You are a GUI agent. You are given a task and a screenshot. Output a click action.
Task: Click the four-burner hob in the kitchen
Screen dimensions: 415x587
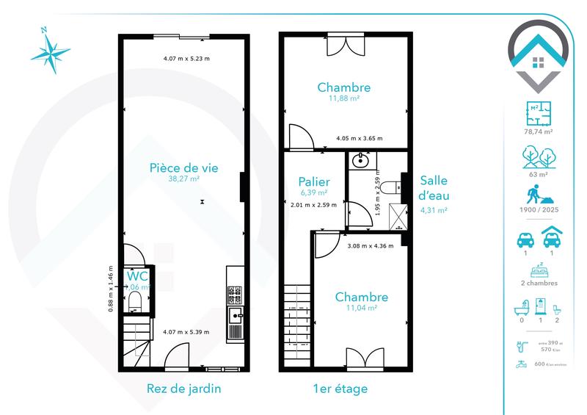click(236, 295)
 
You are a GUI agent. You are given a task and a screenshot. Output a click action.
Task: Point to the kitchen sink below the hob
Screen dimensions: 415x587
click(236, 317)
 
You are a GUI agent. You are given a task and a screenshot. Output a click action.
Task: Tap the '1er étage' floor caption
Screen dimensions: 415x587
click(338, 388)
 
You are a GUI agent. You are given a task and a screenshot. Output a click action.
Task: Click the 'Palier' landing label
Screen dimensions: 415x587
click(314, 182)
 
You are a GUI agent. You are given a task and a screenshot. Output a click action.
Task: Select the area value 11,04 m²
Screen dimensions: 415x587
click(361, 308)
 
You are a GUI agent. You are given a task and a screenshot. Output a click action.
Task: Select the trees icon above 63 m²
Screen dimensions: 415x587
click(540, 157)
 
